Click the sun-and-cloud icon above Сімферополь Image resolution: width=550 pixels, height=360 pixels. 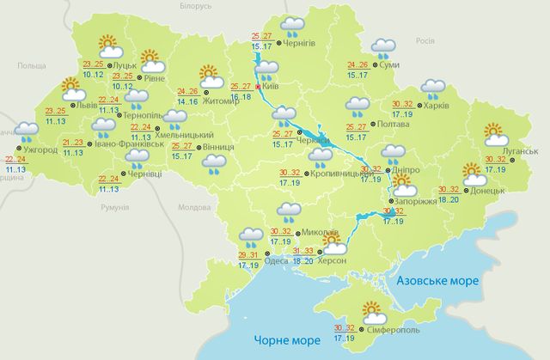coord(373,310)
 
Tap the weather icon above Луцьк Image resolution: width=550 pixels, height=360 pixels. coord(107,43)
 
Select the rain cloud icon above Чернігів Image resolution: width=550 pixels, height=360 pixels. coord(293,26)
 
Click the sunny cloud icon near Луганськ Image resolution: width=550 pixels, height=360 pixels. coord(495,133)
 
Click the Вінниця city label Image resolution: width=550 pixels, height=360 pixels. coord(221,148)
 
